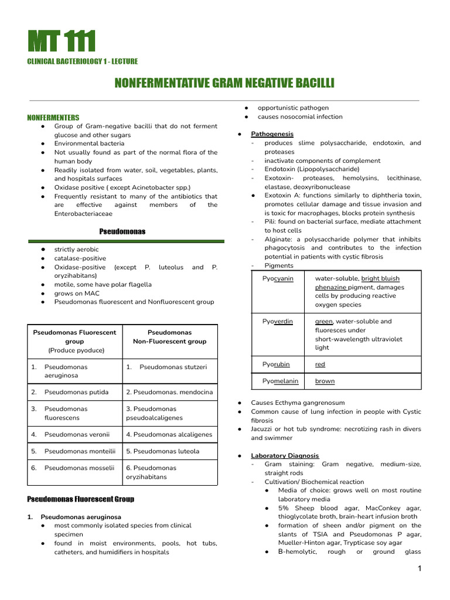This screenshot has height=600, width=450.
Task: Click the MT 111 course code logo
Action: (x=62, y=42)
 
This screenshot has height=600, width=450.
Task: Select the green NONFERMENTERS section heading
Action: (x=53, y=118)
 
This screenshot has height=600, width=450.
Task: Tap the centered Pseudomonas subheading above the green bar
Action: (x=122, y=232)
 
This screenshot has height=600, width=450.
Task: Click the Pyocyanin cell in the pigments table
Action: (x=278, y=279)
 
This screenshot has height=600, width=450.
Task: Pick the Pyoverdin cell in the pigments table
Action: (x=278, y=322)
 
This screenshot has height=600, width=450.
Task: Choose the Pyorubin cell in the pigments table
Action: (x=276, y=364)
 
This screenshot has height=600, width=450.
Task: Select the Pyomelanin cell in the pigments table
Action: (x=280, y=381)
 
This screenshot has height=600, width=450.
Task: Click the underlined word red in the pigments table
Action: (x=320, y=364)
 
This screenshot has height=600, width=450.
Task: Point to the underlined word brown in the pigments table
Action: (x=325, y=381)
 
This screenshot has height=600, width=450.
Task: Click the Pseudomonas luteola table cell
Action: (x=163, y=451)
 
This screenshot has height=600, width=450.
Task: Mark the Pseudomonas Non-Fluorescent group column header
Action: (x=169, y=337)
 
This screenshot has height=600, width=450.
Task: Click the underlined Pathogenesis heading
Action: (x=272, y=134)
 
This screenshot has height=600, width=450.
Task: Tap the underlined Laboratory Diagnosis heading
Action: (x=285, y=455)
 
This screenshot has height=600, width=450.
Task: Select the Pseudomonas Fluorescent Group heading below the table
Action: (x=81, y=499)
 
